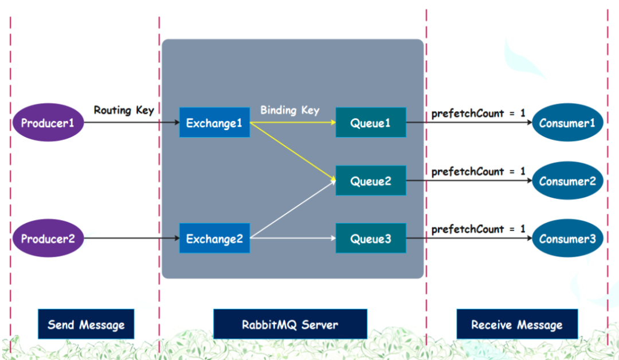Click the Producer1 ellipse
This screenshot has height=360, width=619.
48,123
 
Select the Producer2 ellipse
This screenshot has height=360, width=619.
48,238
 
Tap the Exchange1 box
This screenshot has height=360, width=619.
214,123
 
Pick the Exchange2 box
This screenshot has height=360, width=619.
214,238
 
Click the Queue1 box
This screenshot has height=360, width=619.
370,123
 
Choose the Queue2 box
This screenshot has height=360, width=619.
370,181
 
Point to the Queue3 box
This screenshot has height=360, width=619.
370,238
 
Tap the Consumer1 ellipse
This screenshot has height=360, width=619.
567,123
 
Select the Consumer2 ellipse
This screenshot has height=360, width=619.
567,181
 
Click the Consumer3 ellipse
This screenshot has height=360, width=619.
567,238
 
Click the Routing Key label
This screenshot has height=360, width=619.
124,110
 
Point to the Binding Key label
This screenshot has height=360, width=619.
289,110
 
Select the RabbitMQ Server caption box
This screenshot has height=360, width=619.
289,324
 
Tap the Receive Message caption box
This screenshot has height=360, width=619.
516,324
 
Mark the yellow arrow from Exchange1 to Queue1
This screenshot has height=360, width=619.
292,122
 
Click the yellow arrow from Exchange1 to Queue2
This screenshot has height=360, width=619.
292,151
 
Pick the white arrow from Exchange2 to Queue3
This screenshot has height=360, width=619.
292,237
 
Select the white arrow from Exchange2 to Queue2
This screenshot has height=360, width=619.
292,210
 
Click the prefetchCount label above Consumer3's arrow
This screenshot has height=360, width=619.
478,229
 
